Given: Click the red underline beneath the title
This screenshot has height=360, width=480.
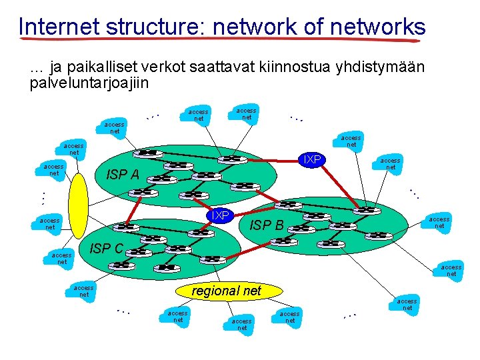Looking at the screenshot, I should (x=220, y=39).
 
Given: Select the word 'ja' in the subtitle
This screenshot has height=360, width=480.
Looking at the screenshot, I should (x=57, y=68).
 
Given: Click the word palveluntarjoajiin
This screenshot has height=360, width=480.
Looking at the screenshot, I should (x=89, y=83).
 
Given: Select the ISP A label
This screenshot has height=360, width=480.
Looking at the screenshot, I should (x=123, y=175).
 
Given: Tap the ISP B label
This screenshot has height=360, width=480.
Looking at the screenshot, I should (x=266, y=225).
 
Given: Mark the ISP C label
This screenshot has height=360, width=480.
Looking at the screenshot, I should (x=106, y=249).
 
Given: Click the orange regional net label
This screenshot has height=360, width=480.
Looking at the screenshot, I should (x=226, y=291).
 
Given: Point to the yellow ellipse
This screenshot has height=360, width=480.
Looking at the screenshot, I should (x=79, y=205).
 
